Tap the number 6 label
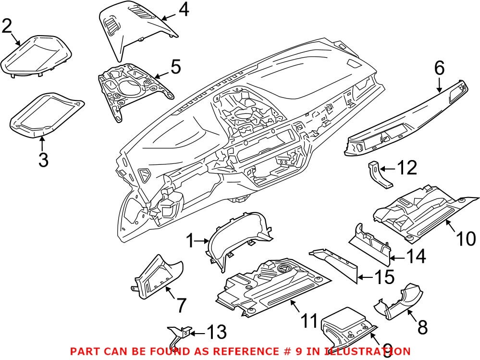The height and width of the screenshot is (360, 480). pyautogui.click(x=439, y=69)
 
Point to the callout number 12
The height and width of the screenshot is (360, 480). pyautogui.click(x=406, y=168)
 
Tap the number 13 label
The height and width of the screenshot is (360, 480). pyautogui.click(x=216, y=332)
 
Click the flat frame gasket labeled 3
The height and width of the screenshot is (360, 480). pyautogui.click(x=46, y=113)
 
